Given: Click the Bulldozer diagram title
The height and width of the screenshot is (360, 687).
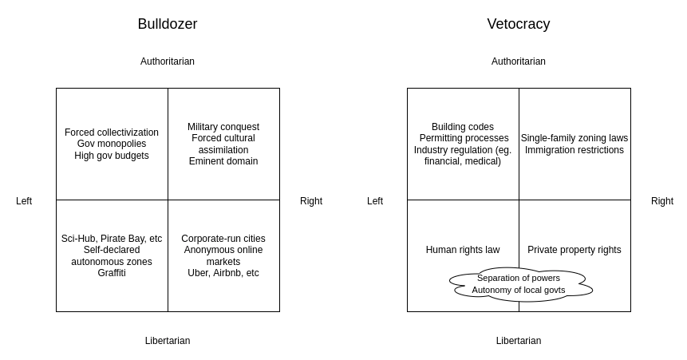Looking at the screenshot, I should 168,24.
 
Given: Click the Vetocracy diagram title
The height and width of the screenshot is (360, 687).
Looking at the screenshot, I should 519,24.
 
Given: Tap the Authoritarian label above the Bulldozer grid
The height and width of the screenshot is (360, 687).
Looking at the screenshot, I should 168,61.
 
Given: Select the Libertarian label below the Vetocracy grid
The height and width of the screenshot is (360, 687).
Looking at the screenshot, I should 519,341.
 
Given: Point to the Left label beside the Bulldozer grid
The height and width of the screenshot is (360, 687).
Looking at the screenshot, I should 24,201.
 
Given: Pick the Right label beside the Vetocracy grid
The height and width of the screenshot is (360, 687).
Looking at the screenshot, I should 662,201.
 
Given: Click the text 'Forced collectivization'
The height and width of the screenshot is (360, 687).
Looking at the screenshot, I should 112,133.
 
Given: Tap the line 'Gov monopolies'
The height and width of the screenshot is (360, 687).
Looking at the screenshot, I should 112,144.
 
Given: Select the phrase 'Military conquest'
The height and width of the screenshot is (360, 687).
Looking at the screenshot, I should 223,127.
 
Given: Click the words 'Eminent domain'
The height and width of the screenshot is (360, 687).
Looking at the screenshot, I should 223,161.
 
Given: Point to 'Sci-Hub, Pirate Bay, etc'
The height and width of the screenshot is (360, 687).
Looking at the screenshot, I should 112,239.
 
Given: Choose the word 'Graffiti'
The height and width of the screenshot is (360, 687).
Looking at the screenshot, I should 112,273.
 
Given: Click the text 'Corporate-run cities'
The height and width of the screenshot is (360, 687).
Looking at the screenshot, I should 223,239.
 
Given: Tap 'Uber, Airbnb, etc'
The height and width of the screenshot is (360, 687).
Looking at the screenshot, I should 223,273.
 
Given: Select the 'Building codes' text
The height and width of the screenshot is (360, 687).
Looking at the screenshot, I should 463,127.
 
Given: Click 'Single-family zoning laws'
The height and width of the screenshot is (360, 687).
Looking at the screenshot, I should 574,138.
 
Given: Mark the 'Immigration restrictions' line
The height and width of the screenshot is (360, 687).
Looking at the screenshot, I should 574,150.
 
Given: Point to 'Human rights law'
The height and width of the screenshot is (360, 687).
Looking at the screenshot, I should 463,250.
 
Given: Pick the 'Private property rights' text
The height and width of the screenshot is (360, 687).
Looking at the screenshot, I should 574,250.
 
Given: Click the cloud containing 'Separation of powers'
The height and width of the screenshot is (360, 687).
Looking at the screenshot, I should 519,284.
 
